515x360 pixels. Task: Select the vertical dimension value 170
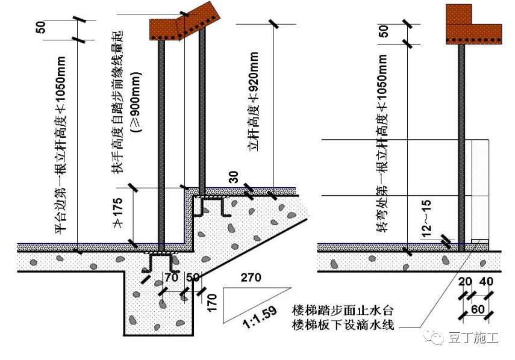pyautogui.click(x=211, y=299)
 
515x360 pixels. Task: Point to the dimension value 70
pyautogui.click(x=171, y=277)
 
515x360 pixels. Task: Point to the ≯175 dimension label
pyautogui.click(x=119, y=211)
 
